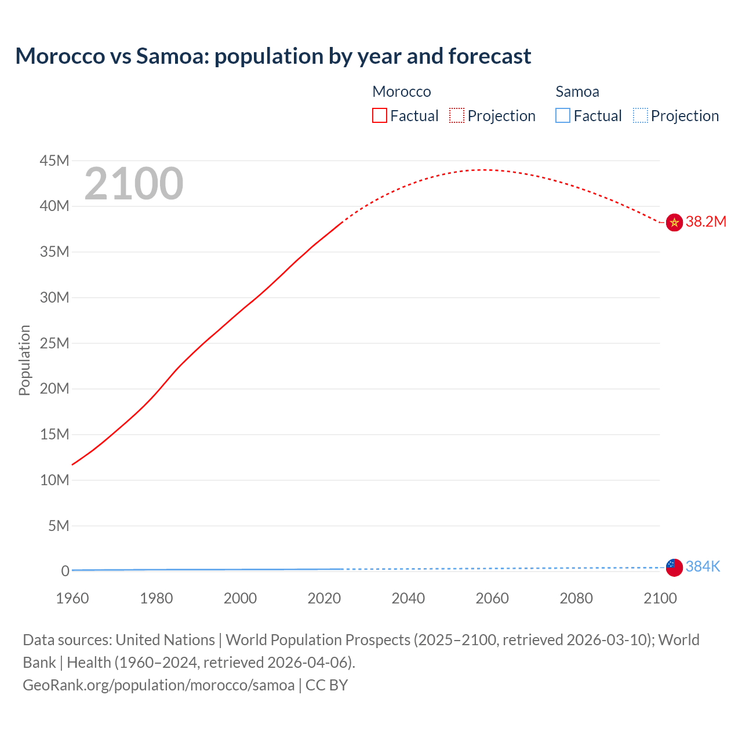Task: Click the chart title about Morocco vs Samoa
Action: point(273,56)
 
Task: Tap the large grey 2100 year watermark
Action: point(134,184)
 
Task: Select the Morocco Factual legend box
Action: point(379,115)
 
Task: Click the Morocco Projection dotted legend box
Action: point(457,115)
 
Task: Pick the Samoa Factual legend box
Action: point(563,115)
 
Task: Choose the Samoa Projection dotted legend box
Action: point(640,115)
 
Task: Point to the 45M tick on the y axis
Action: point(54,161)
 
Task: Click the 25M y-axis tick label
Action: point(54,343)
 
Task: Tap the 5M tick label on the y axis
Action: point(59,526)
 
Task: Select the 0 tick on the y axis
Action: point(66,571)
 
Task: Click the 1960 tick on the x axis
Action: point(72,598)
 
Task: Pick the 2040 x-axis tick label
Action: point(408,598)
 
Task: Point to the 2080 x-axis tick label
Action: point(576,598)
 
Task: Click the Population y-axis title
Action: point(24,360)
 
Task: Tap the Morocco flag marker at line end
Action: point(674,222)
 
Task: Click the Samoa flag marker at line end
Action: point(674,568)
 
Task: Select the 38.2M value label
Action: point(705,222)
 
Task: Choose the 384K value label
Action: point(703,567)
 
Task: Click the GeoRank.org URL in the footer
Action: point(159,685)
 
